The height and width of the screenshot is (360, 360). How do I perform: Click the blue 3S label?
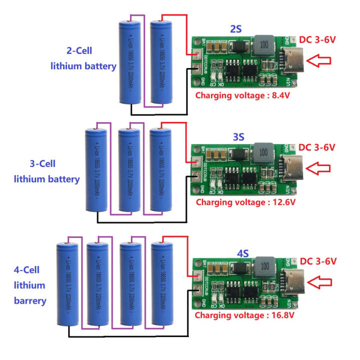pos(238,136)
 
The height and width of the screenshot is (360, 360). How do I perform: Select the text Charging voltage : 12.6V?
pos(245,202)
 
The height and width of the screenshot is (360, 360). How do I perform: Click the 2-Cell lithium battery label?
pos(83,58)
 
